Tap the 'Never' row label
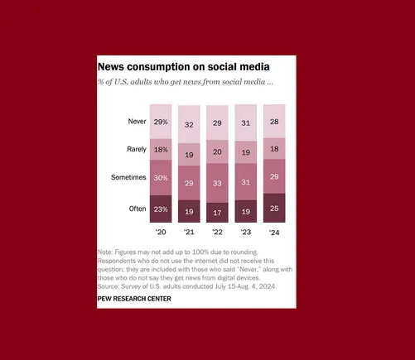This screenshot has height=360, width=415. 137,121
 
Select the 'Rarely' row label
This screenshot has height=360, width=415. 137,149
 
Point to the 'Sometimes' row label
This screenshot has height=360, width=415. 129,177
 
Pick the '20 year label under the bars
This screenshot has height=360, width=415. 161,232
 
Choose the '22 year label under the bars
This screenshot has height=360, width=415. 217,232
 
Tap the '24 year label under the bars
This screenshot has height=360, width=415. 273,232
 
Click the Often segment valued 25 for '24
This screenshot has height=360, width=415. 274,208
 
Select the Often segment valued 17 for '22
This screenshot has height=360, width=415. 217,213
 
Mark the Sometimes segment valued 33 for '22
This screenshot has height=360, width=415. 217,183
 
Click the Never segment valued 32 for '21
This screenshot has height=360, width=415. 189,124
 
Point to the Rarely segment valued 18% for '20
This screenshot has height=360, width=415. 161,149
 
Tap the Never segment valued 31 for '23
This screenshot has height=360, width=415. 246,123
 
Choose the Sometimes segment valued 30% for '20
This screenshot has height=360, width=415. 161,177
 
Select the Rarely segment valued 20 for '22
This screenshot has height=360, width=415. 217,151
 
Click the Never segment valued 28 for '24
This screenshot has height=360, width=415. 274,122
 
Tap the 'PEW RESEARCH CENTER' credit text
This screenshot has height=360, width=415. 134,299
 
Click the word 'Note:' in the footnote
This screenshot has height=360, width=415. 105,252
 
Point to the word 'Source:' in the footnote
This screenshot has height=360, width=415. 110,286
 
